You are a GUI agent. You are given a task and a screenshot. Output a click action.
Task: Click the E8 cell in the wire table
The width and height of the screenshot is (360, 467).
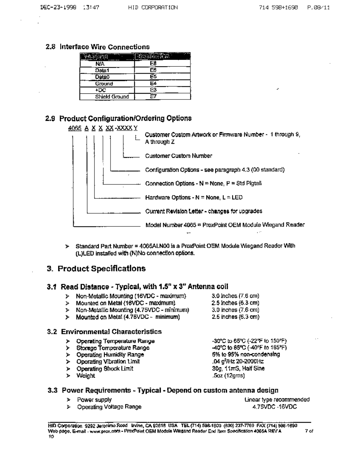coord(153,63)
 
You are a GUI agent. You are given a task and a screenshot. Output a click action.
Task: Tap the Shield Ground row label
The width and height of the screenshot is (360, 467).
coord(112,97)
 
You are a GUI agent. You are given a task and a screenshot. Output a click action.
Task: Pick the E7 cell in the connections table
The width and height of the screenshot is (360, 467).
coord(153,97)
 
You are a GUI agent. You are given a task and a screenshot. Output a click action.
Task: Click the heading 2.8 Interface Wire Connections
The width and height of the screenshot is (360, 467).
coord(98,47)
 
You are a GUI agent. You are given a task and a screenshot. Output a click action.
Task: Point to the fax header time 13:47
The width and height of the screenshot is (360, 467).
coord(91,7)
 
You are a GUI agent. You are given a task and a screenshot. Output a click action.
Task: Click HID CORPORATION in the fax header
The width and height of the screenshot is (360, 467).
coord(153,7)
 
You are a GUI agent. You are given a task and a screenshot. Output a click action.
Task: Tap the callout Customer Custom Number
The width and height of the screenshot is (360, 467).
coord(178,156)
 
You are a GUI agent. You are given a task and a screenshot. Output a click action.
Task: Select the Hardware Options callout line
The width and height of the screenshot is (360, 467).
coord(194,197)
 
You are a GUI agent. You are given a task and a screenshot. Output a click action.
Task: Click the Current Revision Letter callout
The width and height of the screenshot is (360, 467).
coord(204,211)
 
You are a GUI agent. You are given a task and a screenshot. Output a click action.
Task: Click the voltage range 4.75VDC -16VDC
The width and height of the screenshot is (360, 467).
coord(274,407)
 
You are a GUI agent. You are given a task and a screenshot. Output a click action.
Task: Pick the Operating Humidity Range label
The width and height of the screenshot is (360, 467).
coord(110,354)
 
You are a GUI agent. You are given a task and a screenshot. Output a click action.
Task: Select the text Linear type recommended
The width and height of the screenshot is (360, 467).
coord(277,399)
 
